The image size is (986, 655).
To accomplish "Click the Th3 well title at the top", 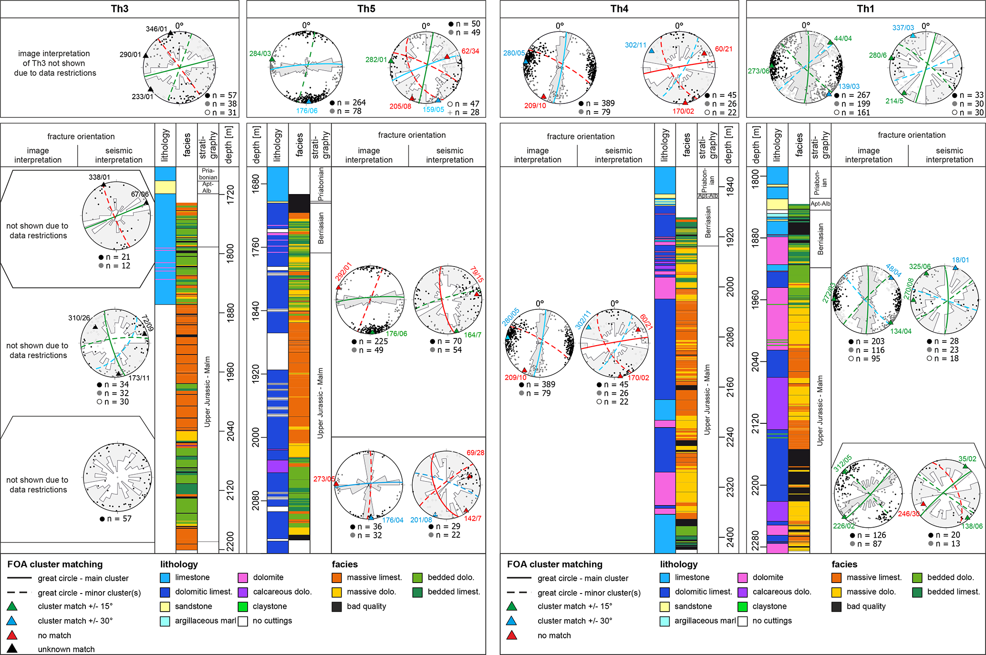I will point(119,9).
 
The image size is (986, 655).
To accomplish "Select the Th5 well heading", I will point(366,9).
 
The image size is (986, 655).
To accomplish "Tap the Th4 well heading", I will point(619,9).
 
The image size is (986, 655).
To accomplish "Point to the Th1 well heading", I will point(865,9).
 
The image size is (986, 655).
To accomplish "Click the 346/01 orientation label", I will point(156,29).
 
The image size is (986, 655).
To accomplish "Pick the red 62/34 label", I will point(470,51).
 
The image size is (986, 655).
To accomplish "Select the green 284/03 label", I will point(260,53).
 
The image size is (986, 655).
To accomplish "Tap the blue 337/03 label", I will point(903,28).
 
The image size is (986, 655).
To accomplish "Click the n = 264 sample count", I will point(351,102).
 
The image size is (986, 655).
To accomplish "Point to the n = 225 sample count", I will point(373,341).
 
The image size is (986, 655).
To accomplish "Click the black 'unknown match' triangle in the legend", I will point(12,648).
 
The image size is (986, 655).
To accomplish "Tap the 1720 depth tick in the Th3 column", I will point(230,195).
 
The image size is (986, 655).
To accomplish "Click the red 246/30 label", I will point(908,514).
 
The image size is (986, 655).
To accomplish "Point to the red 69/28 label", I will point(475,452).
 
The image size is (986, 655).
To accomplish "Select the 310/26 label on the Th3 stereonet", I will point(79,317).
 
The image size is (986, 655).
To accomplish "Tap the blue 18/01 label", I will point(960,260).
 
